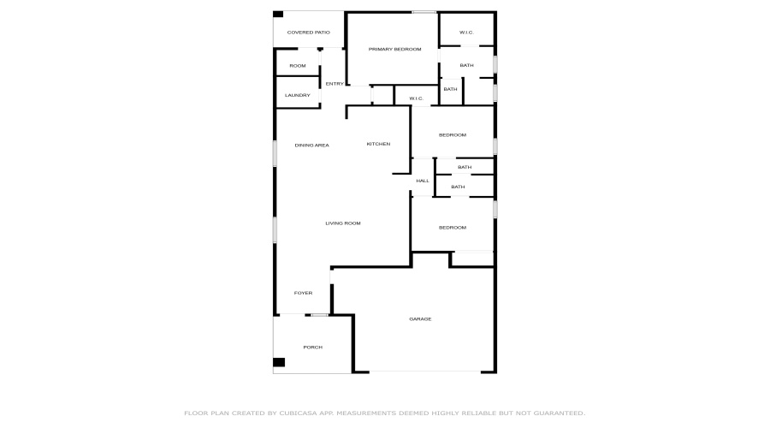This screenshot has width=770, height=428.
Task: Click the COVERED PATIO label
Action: tap(308, 33)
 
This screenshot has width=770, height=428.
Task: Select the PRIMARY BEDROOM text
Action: tap(395, 50)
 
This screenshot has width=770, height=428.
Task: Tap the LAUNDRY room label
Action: tap(298, 95)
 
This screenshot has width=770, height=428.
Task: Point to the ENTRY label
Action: tap(335, 84)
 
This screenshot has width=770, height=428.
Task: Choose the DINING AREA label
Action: tap(311, 146)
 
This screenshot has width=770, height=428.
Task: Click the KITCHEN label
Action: tap(378, 144)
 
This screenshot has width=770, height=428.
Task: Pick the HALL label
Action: tap(423, 181)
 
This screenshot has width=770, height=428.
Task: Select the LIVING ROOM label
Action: tap(342, 223)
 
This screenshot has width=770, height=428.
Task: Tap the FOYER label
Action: tap(303, 294)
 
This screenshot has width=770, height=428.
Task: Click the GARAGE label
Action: tap(420, 319)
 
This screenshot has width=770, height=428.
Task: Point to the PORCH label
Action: tap(312, 347)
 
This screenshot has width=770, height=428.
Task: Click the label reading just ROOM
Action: tap(297, 66)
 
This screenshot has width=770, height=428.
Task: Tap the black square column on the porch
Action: tap(279, 362)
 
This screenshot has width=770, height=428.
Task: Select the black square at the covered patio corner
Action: tap(278, 14)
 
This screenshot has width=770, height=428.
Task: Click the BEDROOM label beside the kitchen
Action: tap(453, 135)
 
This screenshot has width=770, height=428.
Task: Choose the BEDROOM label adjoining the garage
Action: tap(453, 228)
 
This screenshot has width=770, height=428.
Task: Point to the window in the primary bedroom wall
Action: tap(423, 12)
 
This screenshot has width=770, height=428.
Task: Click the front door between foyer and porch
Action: tap(319, 315)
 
